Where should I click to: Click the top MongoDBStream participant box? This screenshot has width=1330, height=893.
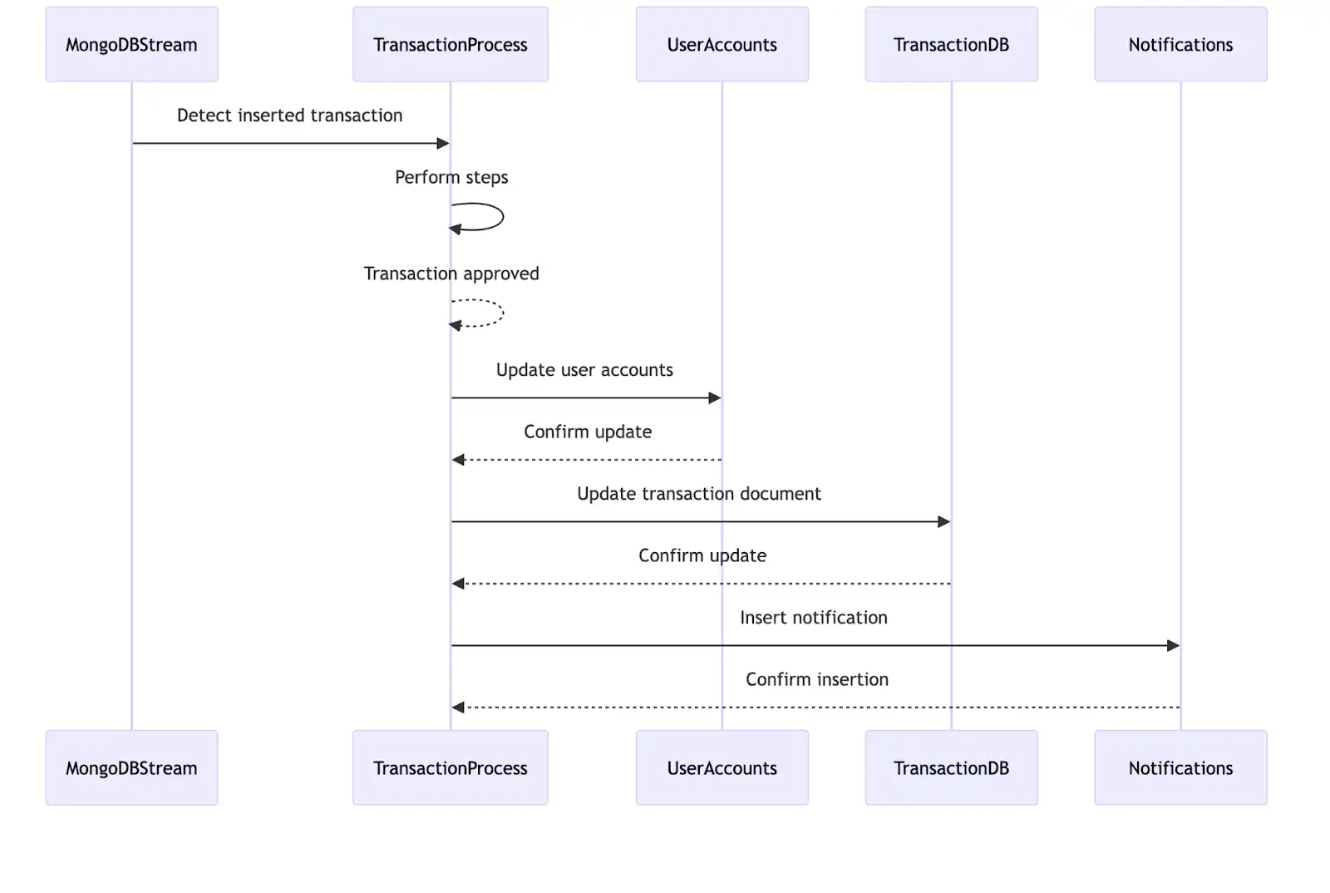(x=131, y=45)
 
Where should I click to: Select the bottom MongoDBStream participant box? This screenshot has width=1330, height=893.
(x=131, y=767)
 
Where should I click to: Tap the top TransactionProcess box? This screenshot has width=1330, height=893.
(x=450, y=45)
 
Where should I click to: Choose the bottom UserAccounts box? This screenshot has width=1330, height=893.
(x=722, y=767)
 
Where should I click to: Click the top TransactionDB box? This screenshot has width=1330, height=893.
(x=951, y=45)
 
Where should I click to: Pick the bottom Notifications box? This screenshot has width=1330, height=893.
(x=1180, y=767)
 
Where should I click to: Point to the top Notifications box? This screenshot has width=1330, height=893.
(x=1180, y=45)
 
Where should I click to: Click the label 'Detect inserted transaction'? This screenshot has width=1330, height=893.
(x=289, y=116)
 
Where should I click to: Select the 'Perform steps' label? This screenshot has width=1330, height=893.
(x=451, y=177)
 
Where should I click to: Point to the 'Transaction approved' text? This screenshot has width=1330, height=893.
(x=451, y=274)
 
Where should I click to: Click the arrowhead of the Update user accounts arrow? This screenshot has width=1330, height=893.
(x=715, y=398)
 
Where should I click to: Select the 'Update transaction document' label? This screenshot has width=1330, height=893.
(x=698, y=494)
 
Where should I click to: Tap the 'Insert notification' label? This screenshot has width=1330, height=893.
(x=813, y=618)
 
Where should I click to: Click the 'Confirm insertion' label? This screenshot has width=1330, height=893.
(x=816, y=679)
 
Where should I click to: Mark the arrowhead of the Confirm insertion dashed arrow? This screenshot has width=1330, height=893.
(x=458, y=708)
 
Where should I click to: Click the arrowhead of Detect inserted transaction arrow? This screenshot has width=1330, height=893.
(x=443, y=144)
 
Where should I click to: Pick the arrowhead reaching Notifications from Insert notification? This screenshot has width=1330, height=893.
(x=1174, y=646)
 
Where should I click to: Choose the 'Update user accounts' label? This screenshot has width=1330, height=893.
(x=584, y=370)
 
